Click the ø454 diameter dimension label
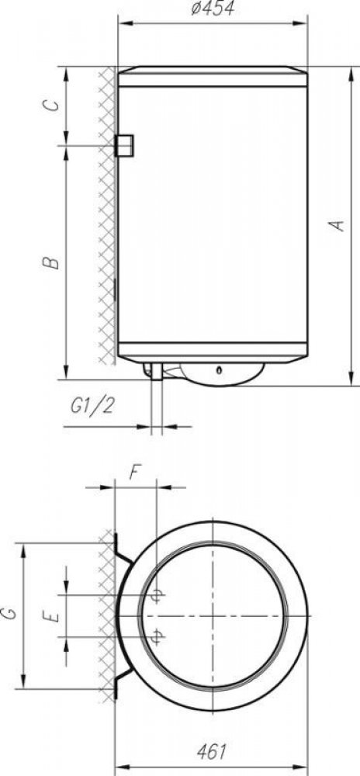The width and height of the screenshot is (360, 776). tap(213, 9)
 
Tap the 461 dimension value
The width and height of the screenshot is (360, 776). tap(211, 752)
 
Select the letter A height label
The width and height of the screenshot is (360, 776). tap(337, 225)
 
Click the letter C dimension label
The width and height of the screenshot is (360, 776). tap(51, 106)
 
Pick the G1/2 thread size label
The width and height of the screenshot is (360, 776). tap(93, 407)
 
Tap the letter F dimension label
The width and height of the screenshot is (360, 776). tap(134, 473)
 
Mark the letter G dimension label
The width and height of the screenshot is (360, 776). tap(10, 614)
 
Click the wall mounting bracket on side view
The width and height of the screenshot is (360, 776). tap(124, 146)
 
